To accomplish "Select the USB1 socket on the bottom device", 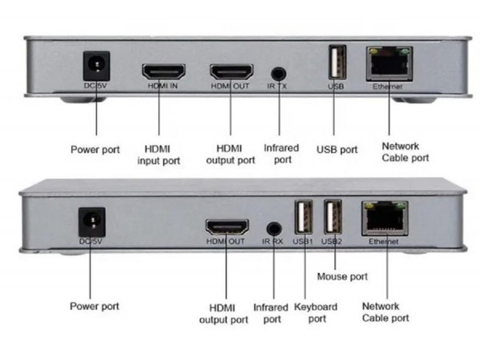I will click(303, 217).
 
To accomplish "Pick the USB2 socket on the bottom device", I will click(332, 217).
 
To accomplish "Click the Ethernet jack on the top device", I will click(389, 64).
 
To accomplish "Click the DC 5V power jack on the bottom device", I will click(92, 221).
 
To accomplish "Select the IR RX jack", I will click(274, 229).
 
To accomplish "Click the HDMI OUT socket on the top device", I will click(231, 72).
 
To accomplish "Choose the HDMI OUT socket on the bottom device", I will click(227, 227).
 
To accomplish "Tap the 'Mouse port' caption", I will click(342, 277).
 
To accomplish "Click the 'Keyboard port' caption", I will click(316, 313).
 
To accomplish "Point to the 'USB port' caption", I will click(337, 149).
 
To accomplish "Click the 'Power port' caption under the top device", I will click(95, 149).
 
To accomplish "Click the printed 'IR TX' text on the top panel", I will click(277, 87).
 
